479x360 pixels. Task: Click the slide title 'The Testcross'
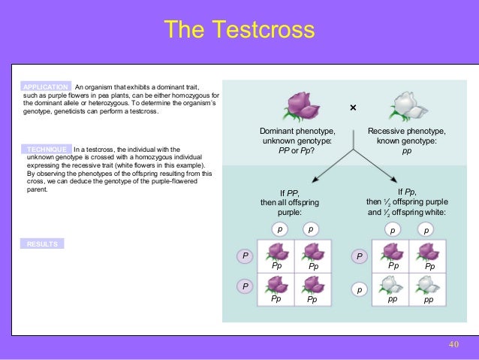pos(239,31)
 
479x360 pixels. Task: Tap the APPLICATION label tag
pos(47,87)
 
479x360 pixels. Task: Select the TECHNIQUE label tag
pos(47,150)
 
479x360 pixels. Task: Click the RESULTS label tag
pos(42,244)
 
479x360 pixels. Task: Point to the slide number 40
pos(453,343)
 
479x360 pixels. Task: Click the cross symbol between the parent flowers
pos(354,108)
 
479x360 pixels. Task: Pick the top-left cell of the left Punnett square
pos(276,256)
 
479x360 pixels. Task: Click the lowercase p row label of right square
pos(360,289)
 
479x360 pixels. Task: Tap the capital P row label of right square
pos(360,257)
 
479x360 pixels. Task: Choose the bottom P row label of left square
pos(244,286)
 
